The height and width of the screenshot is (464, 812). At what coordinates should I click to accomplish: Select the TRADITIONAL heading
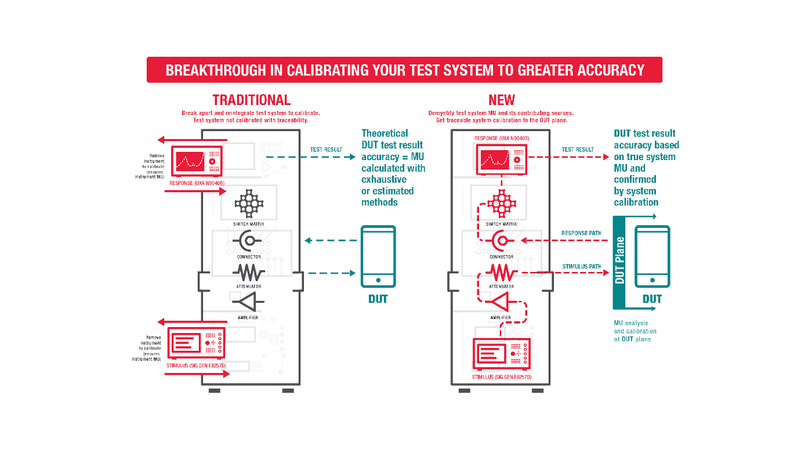(x=251, y=100)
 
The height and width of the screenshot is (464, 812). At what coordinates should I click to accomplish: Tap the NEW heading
(x=502, y=100)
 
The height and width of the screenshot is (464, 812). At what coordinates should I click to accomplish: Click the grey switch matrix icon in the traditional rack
(x=249, y=204)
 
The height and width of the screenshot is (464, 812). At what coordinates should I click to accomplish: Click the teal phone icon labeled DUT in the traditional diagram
(x=378, y=256)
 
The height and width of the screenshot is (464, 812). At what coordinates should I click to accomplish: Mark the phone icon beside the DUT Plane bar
(x=652, y=256)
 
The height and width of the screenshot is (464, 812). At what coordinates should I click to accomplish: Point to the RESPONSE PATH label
(x=581, y=233)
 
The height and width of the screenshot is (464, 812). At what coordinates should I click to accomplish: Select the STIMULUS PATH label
(x=581, y=267)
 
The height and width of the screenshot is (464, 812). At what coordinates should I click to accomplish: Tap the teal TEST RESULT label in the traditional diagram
(x=326, y=150)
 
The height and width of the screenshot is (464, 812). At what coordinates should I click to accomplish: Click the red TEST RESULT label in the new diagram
(x=577, y=150)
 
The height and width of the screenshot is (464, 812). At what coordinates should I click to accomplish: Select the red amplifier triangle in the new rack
(x=501, y=302)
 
